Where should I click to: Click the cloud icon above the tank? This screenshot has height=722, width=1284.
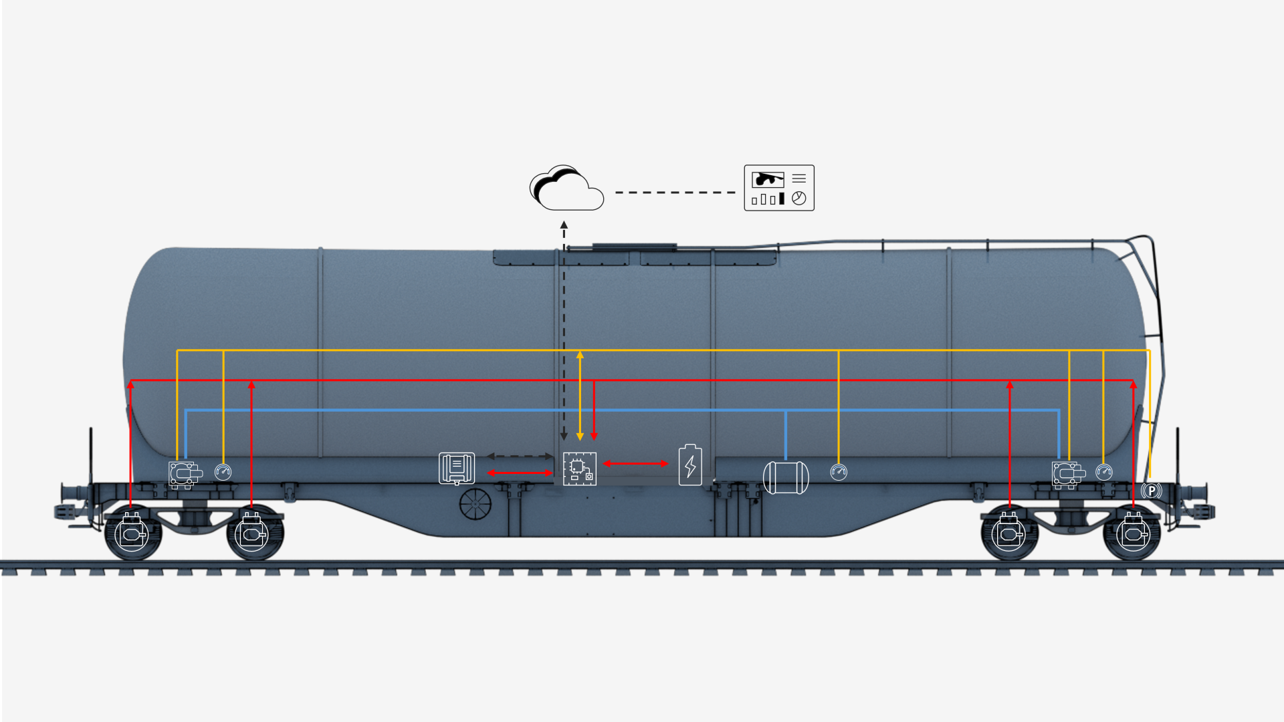567,189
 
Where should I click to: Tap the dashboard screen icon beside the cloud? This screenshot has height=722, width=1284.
779,188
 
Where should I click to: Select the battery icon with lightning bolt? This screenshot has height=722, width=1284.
690,465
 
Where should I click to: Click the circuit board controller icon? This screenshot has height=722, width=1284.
579,469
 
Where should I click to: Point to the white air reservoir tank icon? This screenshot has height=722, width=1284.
786,477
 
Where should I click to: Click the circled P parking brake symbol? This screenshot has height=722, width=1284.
1152,491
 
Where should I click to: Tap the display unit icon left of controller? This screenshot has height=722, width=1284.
457,468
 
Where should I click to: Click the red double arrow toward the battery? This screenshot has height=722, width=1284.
635,463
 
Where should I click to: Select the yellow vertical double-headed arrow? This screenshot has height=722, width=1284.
580,394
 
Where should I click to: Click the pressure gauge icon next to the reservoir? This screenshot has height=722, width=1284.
839,472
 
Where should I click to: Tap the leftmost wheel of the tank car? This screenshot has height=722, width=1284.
132,533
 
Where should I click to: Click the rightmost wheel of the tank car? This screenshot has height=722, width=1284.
1132,533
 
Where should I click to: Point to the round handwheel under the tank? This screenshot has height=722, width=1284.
475,503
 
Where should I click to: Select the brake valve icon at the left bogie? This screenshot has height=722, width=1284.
185,474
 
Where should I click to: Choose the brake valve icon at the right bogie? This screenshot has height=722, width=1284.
1068,474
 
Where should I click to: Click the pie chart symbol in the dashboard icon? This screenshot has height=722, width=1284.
798,199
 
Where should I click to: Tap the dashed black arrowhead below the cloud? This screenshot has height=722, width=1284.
564,225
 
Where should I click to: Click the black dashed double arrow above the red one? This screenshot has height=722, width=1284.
520,457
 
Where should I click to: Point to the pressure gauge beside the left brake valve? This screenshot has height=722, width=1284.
223,472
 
